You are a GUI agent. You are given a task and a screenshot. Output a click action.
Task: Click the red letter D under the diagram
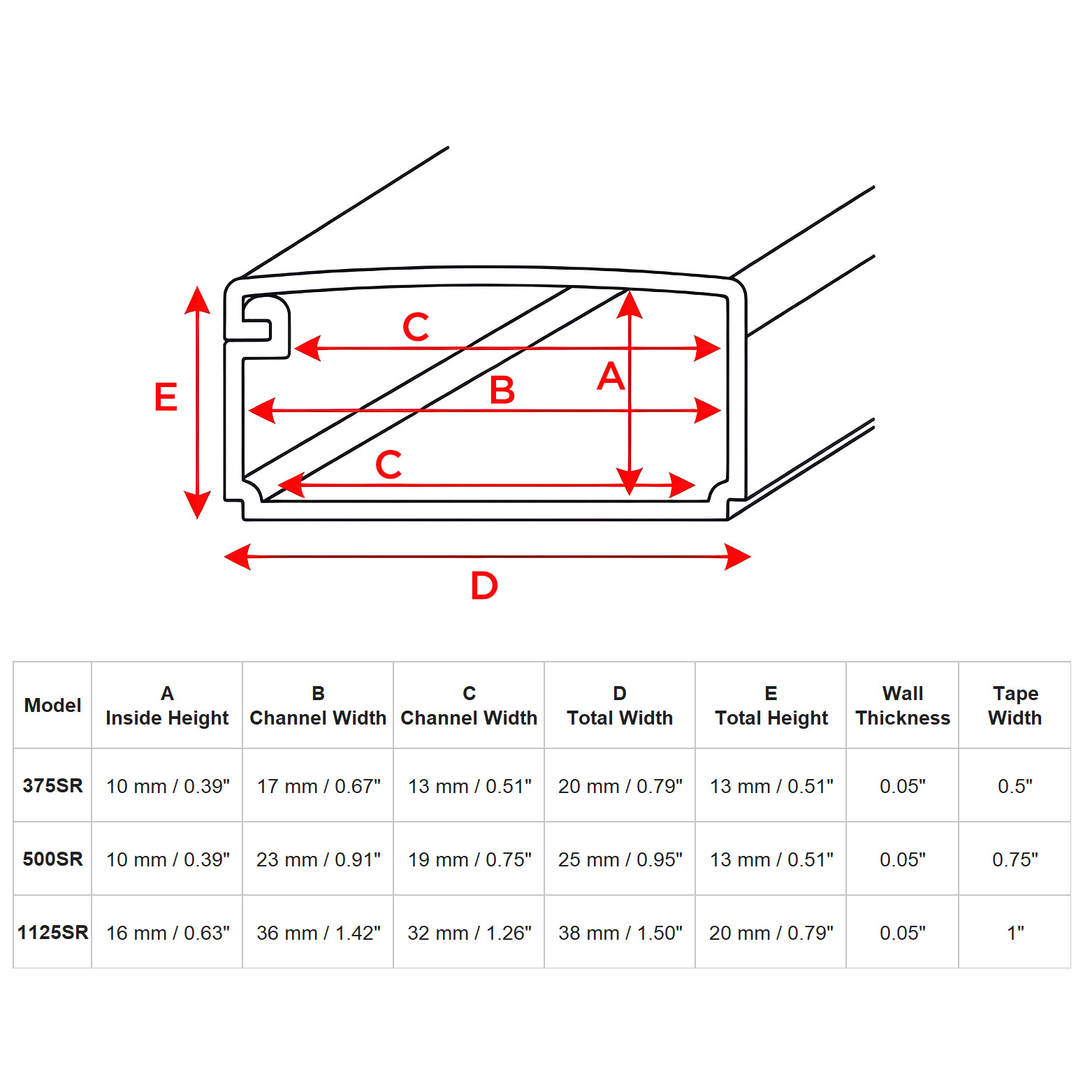click(x=484, y=585)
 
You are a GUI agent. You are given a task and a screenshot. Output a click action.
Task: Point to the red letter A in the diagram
click(x=610, y=376)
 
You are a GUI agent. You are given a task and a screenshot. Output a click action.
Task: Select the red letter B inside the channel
click(x=502, y=390)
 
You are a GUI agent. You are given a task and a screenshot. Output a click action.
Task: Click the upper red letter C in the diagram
click(x=416, y=326)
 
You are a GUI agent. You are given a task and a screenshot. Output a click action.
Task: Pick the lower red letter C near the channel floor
click(x=388, y=464)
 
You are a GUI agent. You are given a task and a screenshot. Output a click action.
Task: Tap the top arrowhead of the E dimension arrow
click(x=198, y=300)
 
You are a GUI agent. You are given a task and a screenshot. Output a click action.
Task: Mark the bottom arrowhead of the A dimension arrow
click(x=630, y=481)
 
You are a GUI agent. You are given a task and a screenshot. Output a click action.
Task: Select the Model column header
click(x=52, y=705)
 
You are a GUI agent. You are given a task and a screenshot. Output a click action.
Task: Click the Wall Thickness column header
click(x=903, y=705)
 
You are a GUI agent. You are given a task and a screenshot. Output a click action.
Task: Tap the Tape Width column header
click(x=1015, y=705)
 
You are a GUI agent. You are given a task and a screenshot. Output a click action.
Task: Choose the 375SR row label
click(x=52, y=785)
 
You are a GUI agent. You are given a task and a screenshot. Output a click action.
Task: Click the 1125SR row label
click(x=52, y=932)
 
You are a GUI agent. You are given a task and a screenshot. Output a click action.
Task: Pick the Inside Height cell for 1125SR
click(x=168, y=933)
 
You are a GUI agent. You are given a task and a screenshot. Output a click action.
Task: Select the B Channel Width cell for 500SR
click(x=318, y=859)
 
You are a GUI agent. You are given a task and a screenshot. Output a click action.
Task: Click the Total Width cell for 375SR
click(x=620, y=786)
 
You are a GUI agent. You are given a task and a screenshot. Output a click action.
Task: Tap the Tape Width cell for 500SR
click(x=1015, y=859)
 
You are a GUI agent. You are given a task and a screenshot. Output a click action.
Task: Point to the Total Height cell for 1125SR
click(x=771, y=933)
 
